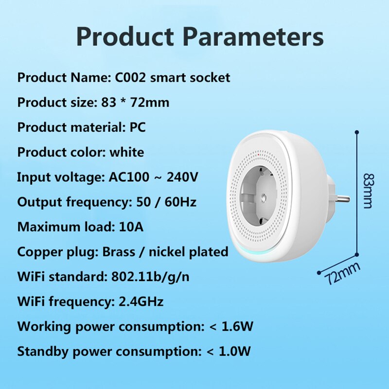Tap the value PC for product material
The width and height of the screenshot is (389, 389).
(137, 127)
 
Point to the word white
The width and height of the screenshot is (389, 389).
(126, 152)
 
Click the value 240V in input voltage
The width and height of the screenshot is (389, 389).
(182, 177)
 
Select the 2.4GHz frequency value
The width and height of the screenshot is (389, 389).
(141, 301)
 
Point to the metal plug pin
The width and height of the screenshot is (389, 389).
(343, 199)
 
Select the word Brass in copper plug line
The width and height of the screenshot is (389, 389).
(118, 251)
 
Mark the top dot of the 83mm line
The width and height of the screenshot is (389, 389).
(357, 132)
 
